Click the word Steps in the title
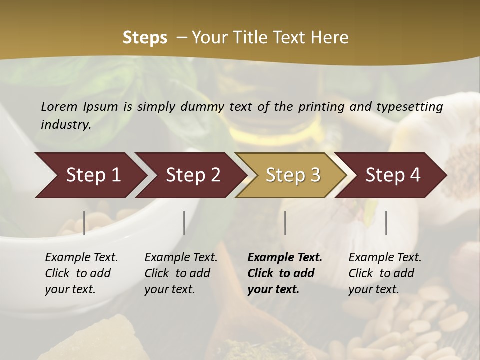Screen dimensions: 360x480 pyautogui.click(x=145, y=38)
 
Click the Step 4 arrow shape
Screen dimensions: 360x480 pyautogui.click(x=393, y=175)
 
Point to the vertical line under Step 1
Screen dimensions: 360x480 pyautogui.click(x=84, y=223)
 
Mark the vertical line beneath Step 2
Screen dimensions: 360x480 pyautogui.click(x=184, y=223)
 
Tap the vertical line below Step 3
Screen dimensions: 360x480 pyautogui.click(x=285, y=223)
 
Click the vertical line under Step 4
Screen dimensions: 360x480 pyautogui.click(x=386, y=223)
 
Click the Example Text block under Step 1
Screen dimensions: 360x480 pyautogui.click(x=81, y=273)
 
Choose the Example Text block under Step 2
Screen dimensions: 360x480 pyautogui.click(x=180, y=273)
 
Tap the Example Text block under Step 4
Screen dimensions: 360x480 pyautogui.click(x=384, y=273)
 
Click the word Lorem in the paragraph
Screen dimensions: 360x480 pyautogui.click(x=59, y=107)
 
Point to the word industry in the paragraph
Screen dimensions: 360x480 pyautogui.click(x=66, y=125)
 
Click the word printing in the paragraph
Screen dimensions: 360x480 pyautogui.click(x=318, y=107)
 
